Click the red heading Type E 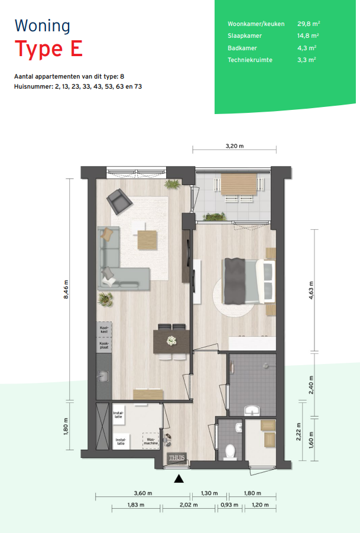(48, 49)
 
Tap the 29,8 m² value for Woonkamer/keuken (309, 24)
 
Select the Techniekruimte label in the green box (250, 60)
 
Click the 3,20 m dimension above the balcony (235, 146)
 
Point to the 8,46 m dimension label (66, 290)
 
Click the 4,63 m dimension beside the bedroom (311, 291)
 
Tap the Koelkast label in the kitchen (104, 329)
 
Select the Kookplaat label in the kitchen (104, 345)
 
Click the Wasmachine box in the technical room (151, 441)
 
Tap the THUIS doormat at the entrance (177, 458)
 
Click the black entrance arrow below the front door (179, 479)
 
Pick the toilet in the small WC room (231, 452)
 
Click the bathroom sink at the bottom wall (252, 411)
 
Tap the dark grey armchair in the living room (119, 201)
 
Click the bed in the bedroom (249, 281)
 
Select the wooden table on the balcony (239, 184)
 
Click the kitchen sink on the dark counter (103, 376)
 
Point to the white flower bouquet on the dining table (171, 340)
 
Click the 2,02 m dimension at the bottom (189, 505)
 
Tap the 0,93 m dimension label (229, 505)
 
